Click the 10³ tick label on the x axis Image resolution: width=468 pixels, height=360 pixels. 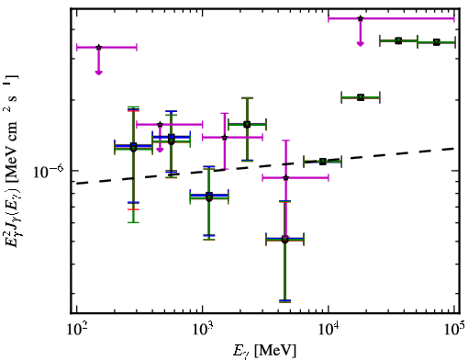203,331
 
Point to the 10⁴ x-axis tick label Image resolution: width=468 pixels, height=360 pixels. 329,331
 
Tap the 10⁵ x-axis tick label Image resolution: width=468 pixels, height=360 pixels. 454,331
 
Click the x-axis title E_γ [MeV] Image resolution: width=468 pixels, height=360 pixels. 264,351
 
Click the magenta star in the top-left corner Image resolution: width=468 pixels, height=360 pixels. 98,48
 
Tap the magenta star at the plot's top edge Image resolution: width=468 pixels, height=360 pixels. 361,18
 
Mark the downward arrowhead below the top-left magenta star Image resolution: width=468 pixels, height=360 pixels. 98,73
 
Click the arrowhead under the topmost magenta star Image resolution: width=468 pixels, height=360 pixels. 361,44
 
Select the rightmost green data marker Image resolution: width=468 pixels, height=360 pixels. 437,42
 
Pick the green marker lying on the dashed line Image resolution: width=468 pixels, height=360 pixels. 323,162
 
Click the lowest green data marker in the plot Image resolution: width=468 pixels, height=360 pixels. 284,240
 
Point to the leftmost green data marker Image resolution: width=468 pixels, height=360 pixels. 133,147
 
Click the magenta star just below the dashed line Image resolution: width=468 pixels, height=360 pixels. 285,177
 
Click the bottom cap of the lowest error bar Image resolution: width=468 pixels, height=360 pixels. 284,301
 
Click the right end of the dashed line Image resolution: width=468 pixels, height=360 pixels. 454,148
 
